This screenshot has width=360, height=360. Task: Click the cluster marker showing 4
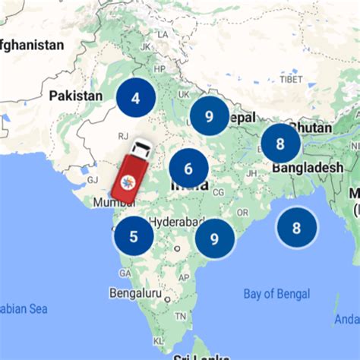click(x=136, y=97)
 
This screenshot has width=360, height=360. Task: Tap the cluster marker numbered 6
click(x=188, y=168)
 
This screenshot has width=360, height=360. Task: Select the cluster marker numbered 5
click(x=134, y=236)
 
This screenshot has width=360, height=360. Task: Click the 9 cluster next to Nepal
click(x=209, y=116)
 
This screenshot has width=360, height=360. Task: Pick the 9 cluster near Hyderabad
click(x=214, y=238)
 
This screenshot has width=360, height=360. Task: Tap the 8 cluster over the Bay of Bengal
click(x=296, y=227)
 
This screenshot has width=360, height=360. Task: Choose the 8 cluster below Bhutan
click(x=280, y=143)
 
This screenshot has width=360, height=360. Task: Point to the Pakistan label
click(x=75, y=96)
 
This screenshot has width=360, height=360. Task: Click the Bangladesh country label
click(x=308, y=167)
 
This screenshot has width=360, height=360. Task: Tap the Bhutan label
click(x=311, y=128)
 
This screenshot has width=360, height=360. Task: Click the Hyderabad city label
click(x=176, y=222)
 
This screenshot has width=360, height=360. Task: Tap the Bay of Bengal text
click(x=276, y=294)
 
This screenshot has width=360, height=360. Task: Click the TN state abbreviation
click(x=180, y=314)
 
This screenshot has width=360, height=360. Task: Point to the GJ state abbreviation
click(x=93, y=179)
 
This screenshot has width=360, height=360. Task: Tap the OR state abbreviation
click(x=242, y=212)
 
